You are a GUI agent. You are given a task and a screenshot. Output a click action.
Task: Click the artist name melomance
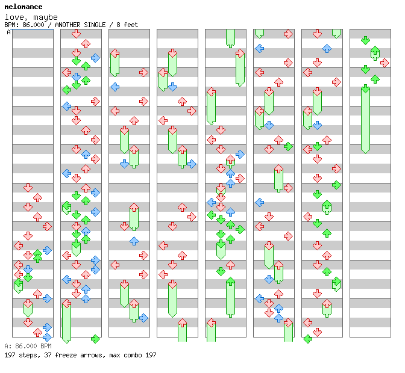tap(23, 7)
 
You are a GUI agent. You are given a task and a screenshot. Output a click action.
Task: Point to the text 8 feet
tap(127, 25)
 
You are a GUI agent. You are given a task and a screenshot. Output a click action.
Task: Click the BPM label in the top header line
tap(10, 25)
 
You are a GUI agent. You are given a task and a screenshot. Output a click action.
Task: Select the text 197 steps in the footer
tap(19, 355)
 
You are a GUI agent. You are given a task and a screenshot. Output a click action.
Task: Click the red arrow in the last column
tap(385, 63)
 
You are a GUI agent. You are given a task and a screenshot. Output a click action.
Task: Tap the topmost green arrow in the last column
tap(365, 40)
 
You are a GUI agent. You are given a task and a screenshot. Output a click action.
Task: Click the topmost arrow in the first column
tap(28, 188)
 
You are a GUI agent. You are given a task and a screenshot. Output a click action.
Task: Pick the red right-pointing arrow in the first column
tap(47, 226)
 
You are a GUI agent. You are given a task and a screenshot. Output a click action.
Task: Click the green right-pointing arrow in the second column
tap(95, 338)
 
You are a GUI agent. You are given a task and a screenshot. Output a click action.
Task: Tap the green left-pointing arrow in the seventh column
tap(307, 339)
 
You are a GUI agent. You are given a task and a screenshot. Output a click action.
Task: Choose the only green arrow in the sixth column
tap(288, 146)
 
